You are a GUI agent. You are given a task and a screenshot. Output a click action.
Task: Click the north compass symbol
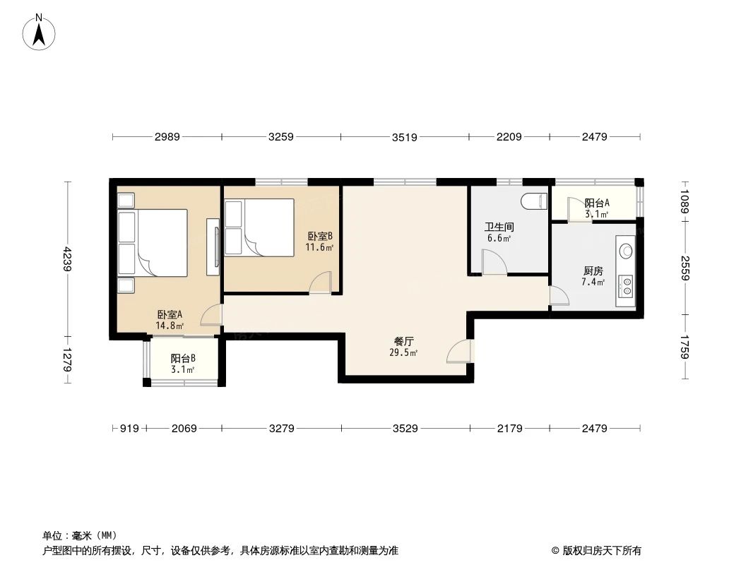(40, 32)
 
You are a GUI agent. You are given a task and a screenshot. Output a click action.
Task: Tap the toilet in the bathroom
(534, 201)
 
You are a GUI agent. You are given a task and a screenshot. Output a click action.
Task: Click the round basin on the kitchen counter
(625, 249)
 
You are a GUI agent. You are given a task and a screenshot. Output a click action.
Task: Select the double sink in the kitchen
(625, 285)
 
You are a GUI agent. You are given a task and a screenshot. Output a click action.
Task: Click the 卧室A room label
(170, 315)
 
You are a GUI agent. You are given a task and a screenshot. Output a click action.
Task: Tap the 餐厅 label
(403, 341)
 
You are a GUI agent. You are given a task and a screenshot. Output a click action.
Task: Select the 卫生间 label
(498, 227)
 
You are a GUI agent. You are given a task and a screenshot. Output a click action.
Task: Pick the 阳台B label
(183, 358)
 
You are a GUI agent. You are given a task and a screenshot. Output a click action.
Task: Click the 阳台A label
(597, 203)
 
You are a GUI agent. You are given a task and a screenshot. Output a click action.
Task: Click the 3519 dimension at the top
(405, 137)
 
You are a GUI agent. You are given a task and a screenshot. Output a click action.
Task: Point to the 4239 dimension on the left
(67, 258)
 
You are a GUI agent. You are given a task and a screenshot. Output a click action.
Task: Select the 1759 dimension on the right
(684, 347)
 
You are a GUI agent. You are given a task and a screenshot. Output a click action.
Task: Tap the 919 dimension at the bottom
(129, 428)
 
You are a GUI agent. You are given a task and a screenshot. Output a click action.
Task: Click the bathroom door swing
(494, 263)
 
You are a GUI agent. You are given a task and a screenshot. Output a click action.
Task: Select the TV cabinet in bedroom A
(212, 247)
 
